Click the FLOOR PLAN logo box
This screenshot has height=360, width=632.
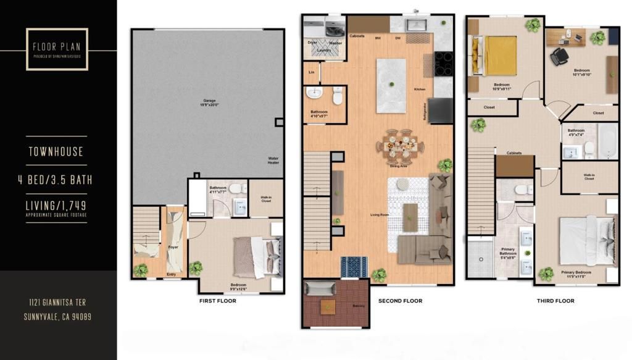click(57, 49)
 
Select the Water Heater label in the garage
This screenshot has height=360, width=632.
click(273, 160)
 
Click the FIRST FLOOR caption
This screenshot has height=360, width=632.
click(217, 301)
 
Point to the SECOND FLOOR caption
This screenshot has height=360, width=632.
click(400, 301)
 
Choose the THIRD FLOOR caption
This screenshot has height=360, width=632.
click(555, 301)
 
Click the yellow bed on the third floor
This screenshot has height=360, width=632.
click(498, 54)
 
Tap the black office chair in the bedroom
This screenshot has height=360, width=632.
click(560, 56)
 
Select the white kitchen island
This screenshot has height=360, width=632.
click(391, 85)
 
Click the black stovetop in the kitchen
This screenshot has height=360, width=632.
click(444, 64)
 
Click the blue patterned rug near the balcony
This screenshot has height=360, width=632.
click(354, 266)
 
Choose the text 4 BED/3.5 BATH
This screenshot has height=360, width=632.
click(56, 181)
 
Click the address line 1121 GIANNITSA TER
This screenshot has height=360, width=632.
click(56, 303)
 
